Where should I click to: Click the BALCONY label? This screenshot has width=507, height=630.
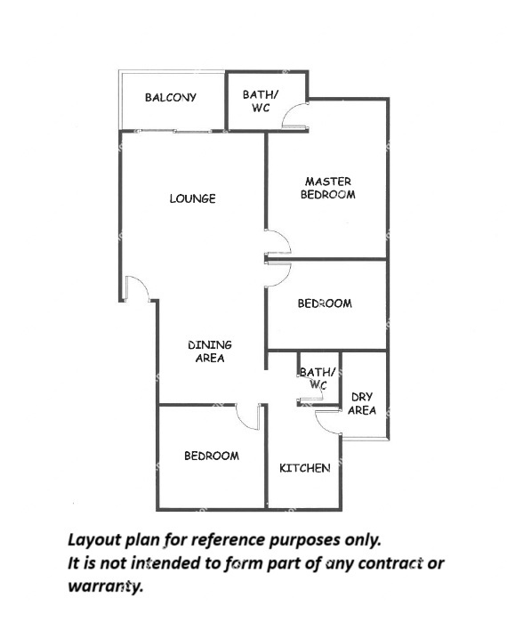171,98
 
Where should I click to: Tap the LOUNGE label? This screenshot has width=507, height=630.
192,198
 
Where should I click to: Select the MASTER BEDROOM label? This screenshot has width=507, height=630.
328,188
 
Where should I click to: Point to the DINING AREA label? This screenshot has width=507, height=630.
210,351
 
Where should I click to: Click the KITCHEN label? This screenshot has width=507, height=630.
305,468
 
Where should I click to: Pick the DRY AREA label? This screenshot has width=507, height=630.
362,403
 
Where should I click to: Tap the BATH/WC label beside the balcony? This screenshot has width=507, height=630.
261,101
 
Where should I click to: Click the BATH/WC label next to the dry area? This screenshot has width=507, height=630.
318,378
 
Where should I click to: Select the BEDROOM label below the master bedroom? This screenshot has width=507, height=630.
325,303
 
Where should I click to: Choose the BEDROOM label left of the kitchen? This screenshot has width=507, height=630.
212,456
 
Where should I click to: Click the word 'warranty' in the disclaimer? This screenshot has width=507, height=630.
106,586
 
